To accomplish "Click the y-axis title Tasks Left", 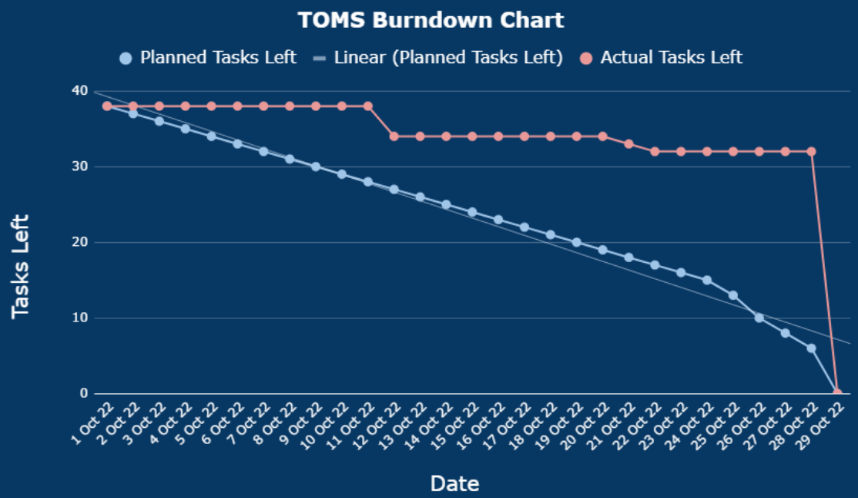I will click(21, 266).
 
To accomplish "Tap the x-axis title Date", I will click(454, 483).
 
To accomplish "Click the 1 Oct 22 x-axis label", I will click(96, 420).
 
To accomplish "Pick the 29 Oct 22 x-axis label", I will click(826, 420).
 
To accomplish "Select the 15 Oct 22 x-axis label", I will click(461, 420).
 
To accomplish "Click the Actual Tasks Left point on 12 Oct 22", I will click(394, 136).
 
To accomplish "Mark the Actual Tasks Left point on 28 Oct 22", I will click(811, 152).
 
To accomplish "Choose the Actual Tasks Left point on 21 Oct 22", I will click(628, 144).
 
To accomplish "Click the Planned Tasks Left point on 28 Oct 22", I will click(811, 348).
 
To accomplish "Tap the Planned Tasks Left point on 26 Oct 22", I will click(759, 318).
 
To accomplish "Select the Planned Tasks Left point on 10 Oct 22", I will click(342, 174).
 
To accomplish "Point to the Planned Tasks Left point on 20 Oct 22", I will click(602, 250).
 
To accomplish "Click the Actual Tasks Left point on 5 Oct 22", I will click(211, 106).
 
